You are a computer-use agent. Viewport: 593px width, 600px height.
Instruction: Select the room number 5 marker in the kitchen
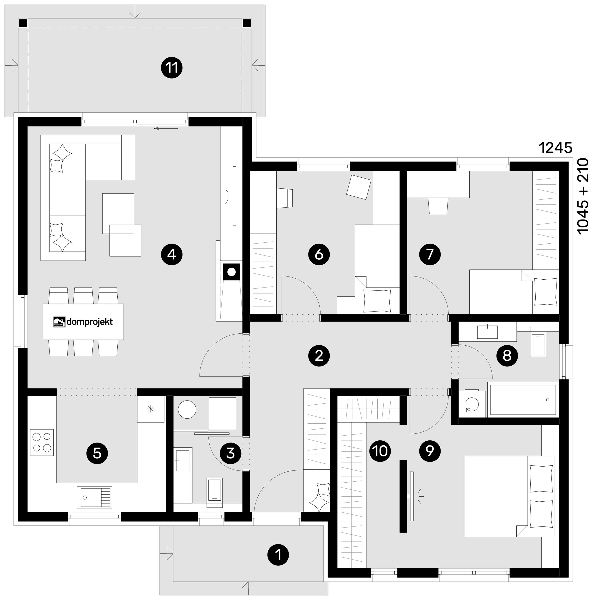(97, 453)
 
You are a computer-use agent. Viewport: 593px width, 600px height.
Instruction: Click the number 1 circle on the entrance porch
(278, 555)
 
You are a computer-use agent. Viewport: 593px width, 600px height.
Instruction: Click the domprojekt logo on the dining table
(83, 322)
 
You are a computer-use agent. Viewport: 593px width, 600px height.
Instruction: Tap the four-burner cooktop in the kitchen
(42, 442)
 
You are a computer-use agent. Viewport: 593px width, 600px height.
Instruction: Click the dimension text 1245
(555, 148)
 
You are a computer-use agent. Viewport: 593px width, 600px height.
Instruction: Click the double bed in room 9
(510, 496)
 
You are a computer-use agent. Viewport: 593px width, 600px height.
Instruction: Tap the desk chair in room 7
(438, 206)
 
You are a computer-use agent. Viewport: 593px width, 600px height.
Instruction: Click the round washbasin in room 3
(187, 409)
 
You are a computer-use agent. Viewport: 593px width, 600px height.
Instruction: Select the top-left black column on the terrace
(23, 23)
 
